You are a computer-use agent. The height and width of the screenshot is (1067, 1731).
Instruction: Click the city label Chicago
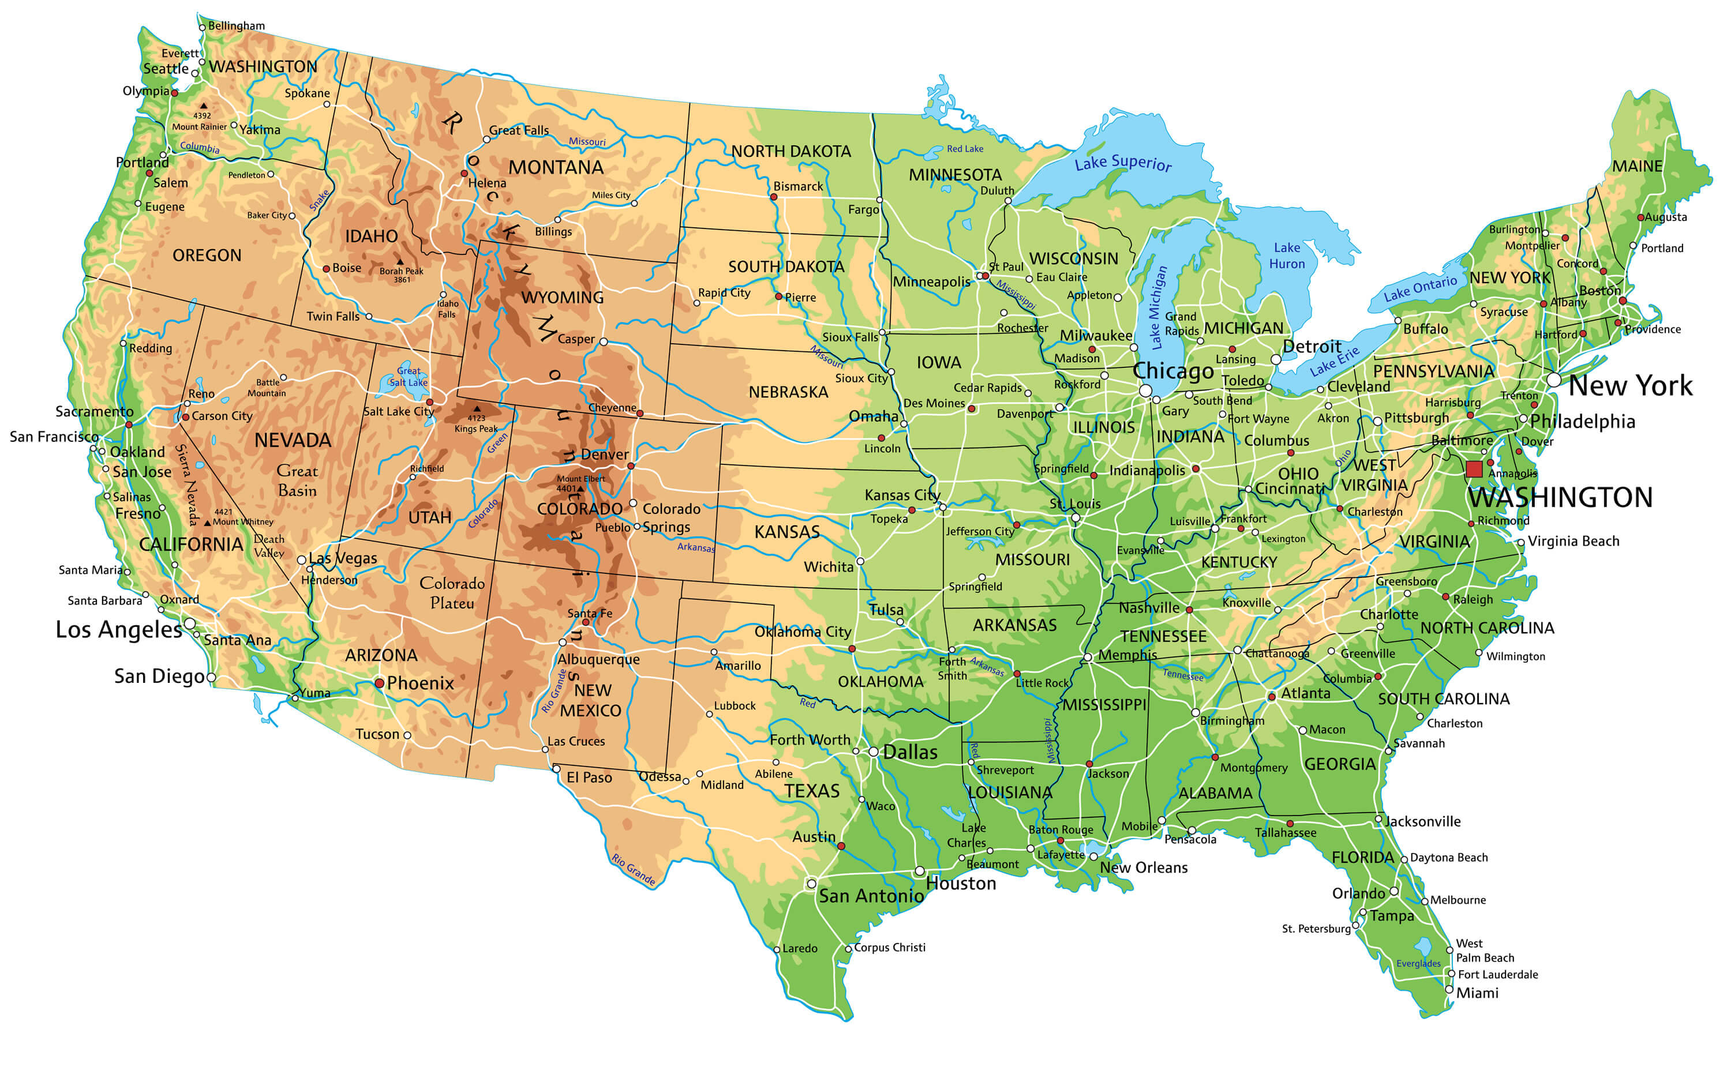pyautogui.click(x=1172, y=371)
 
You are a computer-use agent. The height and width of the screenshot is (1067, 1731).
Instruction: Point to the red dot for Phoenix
pyautogui.click(x=379, y=683)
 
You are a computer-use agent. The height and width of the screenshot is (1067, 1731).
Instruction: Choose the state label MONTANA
pyautogui.click(x=556, y=168)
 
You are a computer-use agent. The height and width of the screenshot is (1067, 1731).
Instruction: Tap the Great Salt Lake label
pyautogui.click(x=408, y=377)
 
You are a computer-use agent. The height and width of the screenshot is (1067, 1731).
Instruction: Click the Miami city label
pyautogui.click(x=1477, y=993)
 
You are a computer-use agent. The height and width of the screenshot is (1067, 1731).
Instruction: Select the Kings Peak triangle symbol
pyautogui.click(x=477, y=408)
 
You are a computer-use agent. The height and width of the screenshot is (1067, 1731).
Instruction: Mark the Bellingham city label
pyautogui.click(x=236, y=26)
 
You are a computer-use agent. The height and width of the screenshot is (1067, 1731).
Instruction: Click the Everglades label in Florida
pyautogui.click(x=1418, y=963)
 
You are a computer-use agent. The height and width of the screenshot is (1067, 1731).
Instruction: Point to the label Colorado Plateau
pyautogui.click(x=452, y=593)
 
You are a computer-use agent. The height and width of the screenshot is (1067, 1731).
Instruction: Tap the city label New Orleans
pyautogui.click(x=1143, y=867)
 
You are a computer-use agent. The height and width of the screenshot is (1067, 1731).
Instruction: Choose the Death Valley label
pyautogui.click(x=269, y=546)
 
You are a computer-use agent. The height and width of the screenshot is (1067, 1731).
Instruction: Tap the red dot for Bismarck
pyautogui.click(x=773, y=197)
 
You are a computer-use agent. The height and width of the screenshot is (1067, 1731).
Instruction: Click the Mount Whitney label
pyautogui.click(x=242, y=521)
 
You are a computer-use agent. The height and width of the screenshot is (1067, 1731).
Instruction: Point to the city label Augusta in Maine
pyautogui.click(x=1665, y=217)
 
